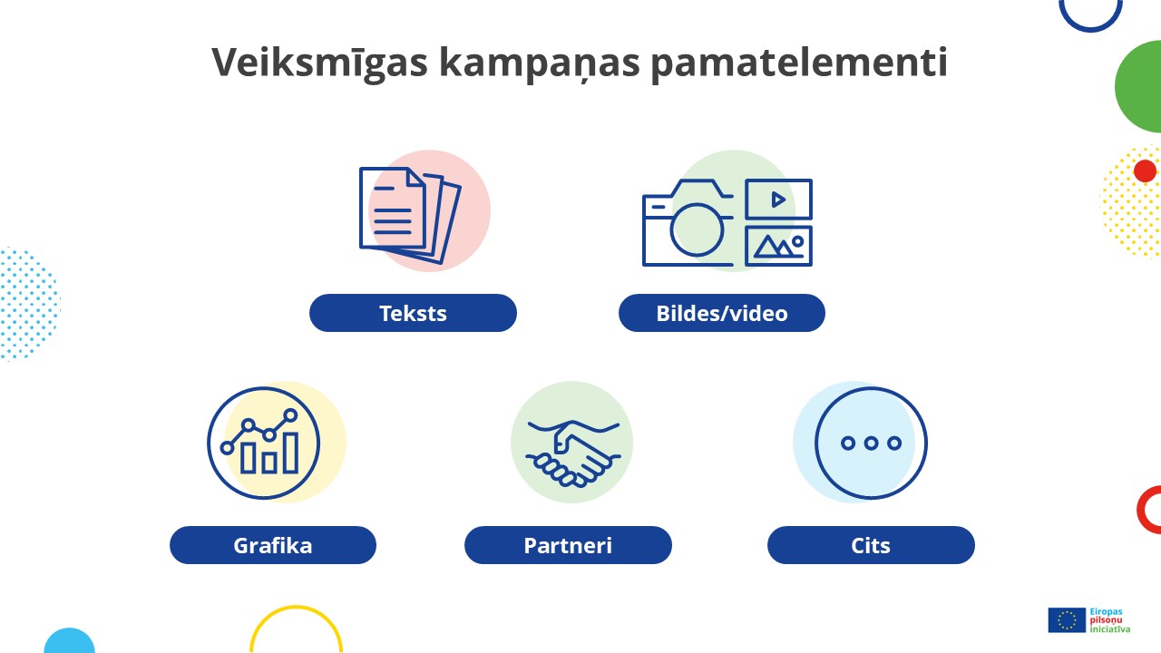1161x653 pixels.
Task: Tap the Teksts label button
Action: tap(413, 314)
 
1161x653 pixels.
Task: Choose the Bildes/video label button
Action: tap(722, 314)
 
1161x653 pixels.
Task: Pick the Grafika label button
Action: tap(273, 546)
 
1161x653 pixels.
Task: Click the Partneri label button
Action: tap(568, 546)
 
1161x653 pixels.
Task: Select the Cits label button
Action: tap(871, 546)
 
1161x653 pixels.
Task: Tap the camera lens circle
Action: tap(697, 229)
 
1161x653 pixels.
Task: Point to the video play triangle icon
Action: tap(777, 200)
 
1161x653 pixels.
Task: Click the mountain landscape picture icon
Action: tap(778, 246)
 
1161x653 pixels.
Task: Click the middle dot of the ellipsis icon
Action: tap(871, 443)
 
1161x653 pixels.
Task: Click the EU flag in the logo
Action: tap(1066, 619)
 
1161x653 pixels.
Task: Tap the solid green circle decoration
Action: tap(1141, 87)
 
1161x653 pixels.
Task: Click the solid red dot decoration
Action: tap(1145, 171)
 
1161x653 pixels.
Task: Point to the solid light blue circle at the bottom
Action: tap(69, 642)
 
